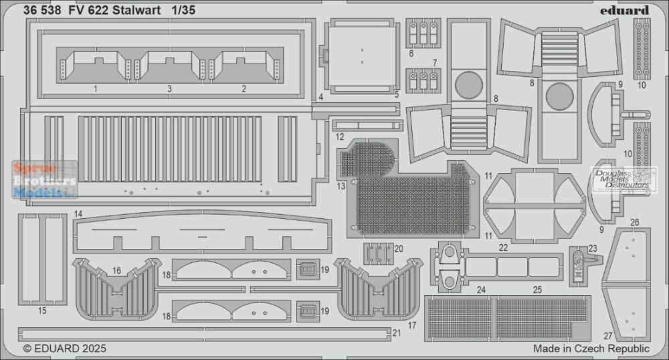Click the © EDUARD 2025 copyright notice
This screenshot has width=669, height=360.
click(64, 348)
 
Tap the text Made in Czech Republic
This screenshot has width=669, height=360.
click(591, 349)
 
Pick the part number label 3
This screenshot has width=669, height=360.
click(169, 88)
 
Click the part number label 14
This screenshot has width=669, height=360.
click(78, 213)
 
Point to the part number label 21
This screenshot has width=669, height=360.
click(396, 333)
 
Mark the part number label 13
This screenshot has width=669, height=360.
click(343, 185)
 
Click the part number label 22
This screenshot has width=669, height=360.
click(503, 248)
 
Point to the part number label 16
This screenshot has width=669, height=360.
click(116, 270)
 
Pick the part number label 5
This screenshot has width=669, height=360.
click(396, 94)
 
